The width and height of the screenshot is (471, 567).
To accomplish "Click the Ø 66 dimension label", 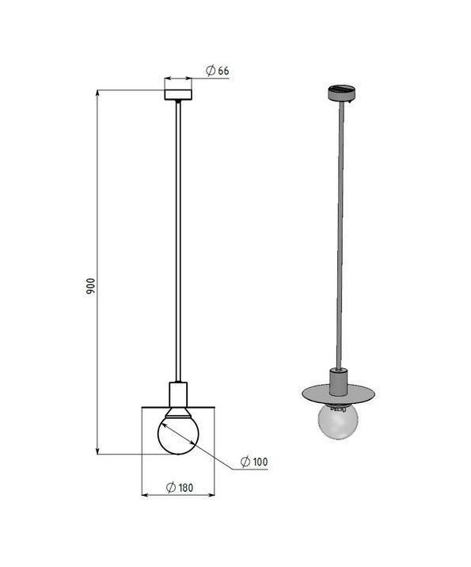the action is tap(217, 70).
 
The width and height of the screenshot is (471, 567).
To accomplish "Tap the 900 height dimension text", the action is tap(91, 285).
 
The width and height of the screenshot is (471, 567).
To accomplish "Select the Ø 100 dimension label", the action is tap(254, 462).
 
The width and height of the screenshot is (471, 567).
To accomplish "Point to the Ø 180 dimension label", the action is tap(180, 488).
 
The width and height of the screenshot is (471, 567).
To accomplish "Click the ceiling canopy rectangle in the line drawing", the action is tap(178, 94).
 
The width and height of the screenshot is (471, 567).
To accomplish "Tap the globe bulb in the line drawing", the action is tap(178, 434).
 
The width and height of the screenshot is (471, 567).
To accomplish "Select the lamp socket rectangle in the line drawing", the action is tap(178, 394).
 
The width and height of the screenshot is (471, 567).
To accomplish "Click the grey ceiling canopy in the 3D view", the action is tap(342, 93).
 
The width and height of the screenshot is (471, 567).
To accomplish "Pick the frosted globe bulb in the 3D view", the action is tap(338, 421).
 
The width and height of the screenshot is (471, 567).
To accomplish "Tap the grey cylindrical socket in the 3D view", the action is tap(338, 382).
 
